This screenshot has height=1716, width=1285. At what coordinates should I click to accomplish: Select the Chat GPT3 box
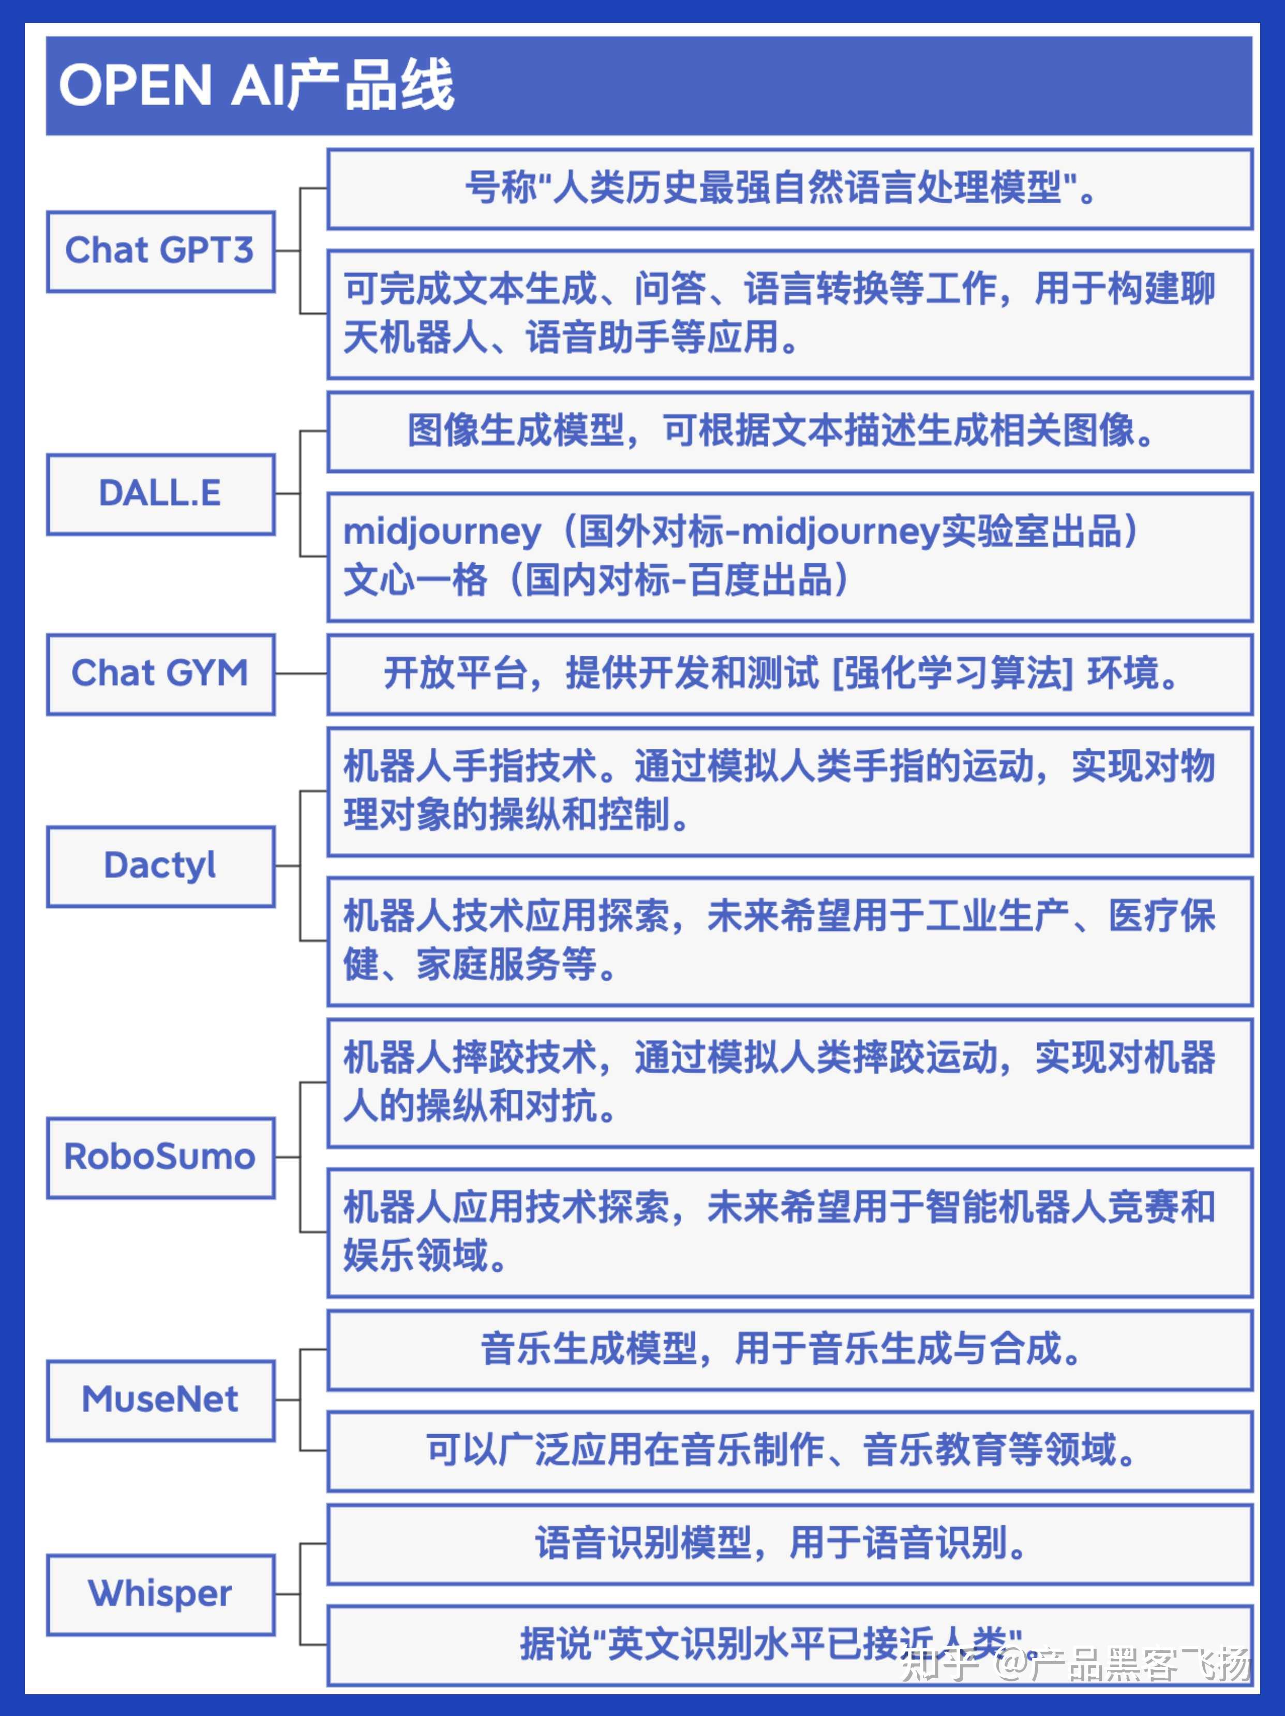tap(160, 251)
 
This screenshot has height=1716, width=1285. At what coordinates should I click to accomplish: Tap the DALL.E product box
tap(160, 494)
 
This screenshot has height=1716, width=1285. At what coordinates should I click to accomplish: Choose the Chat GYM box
tap(160, 673)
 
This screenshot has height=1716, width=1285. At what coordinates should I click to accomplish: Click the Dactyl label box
tap(160, 866)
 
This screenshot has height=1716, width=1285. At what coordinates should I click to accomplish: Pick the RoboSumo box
tap(160, 1157)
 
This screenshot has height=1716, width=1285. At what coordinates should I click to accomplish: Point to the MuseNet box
tap(160, 1401)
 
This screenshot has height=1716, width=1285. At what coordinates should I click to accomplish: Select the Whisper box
tap(160, 1595)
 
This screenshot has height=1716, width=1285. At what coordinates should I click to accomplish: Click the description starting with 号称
tap(790, 188)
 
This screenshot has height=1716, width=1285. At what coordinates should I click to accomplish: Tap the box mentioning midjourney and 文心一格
tap(790, 556)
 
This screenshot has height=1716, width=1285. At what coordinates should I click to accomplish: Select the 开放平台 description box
tap(790, 673)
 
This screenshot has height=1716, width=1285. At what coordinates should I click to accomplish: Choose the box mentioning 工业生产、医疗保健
tap(790, 941)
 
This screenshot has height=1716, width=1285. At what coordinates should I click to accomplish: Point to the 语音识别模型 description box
tap(790, 1544)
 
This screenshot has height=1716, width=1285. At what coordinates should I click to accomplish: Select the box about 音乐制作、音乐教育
tap(790, 1451)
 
